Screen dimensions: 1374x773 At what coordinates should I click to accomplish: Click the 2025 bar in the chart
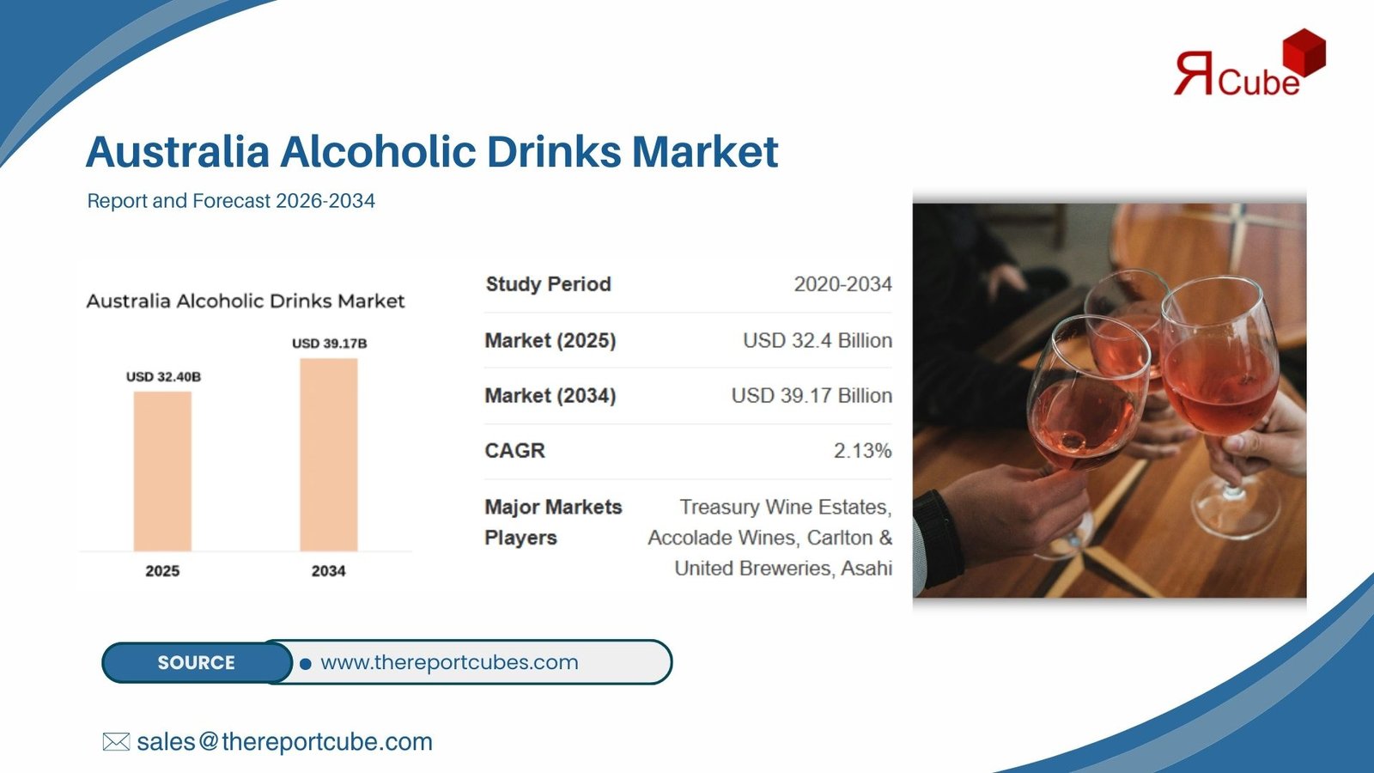coord(162,472)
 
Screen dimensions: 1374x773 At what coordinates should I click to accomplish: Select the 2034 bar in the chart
coord(329,454)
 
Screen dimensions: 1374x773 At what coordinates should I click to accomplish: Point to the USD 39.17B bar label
coord(330,344)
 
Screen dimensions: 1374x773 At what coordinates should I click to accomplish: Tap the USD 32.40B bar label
coord(164,377)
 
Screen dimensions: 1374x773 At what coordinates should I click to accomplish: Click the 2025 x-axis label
coord(162,571)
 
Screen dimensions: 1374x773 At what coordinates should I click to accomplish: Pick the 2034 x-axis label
coord(329,571)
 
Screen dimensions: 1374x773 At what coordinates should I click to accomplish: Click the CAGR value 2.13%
coord(862,451)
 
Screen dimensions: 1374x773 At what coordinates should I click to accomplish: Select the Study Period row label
coord(549,284)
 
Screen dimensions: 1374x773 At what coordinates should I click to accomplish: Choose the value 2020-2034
coord(842,284)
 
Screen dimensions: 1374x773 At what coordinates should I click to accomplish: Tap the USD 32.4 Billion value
coord(818,340)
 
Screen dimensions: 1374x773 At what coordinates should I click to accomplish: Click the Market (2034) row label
coord(550,396)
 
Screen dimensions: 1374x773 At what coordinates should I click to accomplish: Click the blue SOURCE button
coord(197,662)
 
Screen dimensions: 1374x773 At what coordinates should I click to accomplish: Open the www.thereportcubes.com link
coord(449,662)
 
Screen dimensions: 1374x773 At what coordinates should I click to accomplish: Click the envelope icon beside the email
coord(116,742)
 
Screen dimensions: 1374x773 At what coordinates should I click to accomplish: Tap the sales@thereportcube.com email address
coord(284,742)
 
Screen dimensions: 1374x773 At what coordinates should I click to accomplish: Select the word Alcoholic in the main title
coord(378,151)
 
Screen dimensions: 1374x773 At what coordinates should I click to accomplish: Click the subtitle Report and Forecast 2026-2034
coord(231,201)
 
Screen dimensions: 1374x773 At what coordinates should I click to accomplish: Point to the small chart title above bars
coord(246,301)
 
